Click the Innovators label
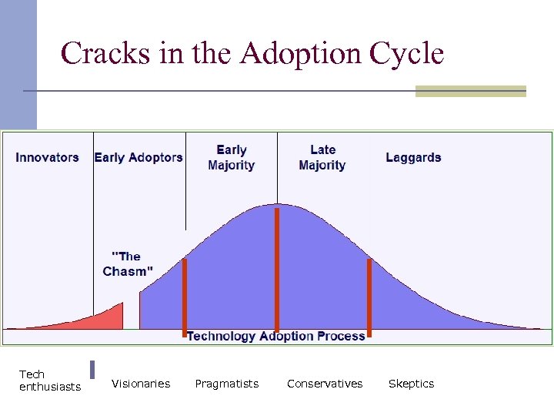47,157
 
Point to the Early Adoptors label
138,157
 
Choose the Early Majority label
231,157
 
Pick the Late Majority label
322,157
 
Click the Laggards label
413,157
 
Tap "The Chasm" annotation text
128,263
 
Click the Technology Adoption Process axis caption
275,336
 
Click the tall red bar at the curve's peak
277,270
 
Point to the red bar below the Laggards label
369,297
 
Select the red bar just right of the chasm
185,297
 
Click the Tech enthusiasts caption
49,381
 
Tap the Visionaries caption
141,384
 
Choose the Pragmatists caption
227,384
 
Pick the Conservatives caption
325,384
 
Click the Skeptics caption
411,384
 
